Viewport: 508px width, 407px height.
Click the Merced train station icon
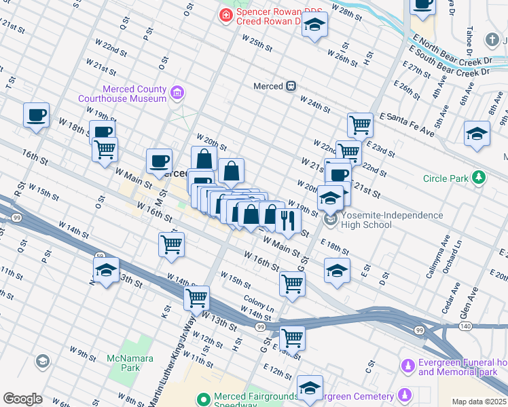[291, 86]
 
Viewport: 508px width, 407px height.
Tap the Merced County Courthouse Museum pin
[177, 92]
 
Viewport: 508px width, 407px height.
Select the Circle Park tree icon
[479, 178]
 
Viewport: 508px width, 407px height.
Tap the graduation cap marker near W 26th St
[314, 26]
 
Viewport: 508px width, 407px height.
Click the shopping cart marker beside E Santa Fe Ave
[360, 125]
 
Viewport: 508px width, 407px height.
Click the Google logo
[22, 399]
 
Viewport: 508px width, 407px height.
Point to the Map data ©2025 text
[479, 402]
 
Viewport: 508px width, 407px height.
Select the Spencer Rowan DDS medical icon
[224, 13]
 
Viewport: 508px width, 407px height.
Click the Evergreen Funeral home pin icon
[407, 366]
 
